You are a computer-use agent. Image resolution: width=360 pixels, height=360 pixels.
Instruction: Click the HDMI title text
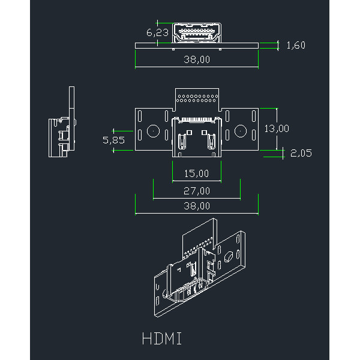point(162,338)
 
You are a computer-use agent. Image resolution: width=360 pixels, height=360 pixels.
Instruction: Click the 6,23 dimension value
point(157,32)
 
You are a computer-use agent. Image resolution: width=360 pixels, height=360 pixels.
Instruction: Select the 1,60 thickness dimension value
point(296,46)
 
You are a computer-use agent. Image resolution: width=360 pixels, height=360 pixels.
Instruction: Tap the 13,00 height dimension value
point(277,128)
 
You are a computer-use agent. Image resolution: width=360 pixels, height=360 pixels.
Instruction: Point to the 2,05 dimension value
point(301,153)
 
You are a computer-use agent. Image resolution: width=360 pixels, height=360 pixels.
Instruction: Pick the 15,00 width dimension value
point(196,173)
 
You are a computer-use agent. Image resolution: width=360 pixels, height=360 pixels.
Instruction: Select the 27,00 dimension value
point(196,191)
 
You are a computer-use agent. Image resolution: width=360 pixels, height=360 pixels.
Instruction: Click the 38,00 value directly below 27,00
point(196,205)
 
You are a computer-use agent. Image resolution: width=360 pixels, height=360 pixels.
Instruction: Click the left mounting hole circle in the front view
point(153,131)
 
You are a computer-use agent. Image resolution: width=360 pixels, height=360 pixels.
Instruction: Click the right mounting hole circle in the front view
point(241,131)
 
